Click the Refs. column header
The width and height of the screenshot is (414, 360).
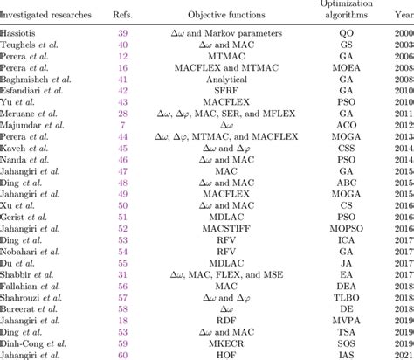(122, 15)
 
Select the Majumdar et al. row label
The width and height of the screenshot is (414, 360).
(38, 128)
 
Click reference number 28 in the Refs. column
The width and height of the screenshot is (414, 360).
(122, 115)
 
